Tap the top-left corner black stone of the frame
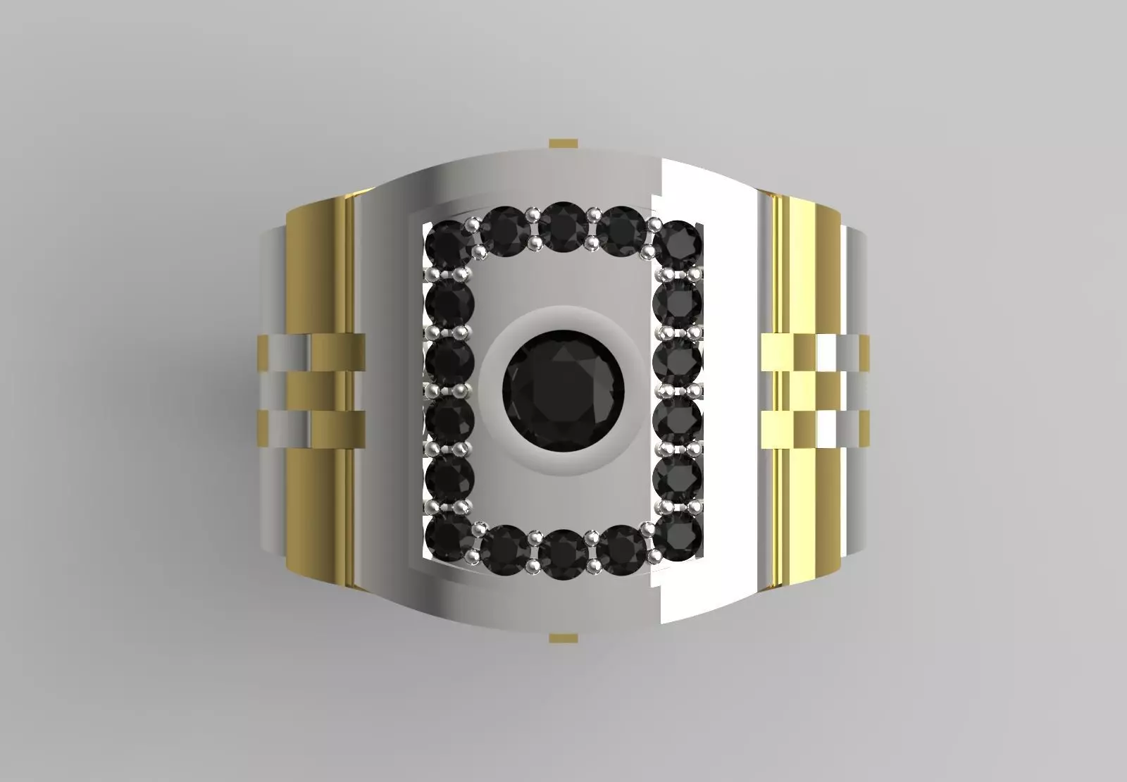point(447,244)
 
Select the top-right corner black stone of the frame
point(677,244)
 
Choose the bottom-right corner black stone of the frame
point(677,538)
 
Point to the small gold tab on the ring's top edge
point(563,144)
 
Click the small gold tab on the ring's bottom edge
point(563,638)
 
